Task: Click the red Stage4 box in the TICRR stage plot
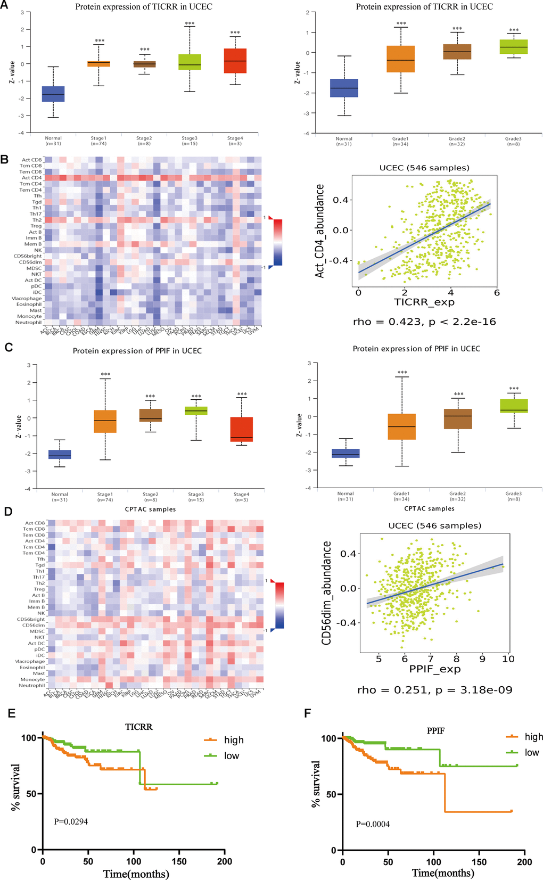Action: tap(235, 61)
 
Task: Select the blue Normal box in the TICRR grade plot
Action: tap(344, 88)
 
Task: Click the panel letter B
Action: tap(5, 159)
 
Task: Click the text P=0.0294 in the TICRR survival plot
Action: tap(71, 821)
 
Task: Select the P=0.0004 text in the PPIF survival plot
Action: tap(373, 824)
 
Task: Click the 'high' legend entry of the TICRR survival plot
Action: tap(233, 740)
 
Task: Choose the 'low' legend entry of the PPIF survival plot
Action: tap(531, 752)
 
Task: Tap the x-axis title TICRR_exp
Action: tap(424, 302)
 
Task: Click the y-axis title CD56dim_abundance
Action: tap(327, 593)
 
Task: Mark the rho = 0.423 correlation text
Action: tap(424, 322)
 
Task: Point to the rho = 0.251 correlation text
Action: tap(434, 690)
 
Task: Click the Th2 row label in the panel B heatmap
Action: tap(37, 220)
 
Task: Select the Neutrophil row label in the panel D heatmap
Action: tap(32, 685)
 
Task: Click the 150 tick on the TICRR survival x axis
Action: tap(179, 861)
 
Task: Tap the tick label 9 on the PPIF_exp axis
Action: tap(482, 659)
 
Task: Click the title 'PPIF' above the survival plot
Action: tap(435, 731)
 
